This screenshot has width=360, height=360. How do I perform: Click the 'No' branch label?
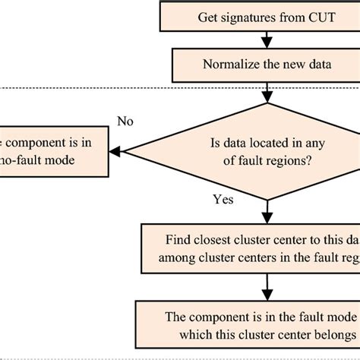pyautogui.click(x=126, y=120)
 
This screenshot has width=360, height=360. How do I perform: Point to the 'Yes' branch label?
pyautogui.click(x=224, y=201)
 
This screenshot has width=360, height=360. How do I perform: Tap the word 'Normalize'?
pyautogui.click(x=229, y=65)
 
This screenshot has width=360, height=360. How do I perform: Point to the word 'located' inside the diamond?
pyautogui.click(x=271, y=141)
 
